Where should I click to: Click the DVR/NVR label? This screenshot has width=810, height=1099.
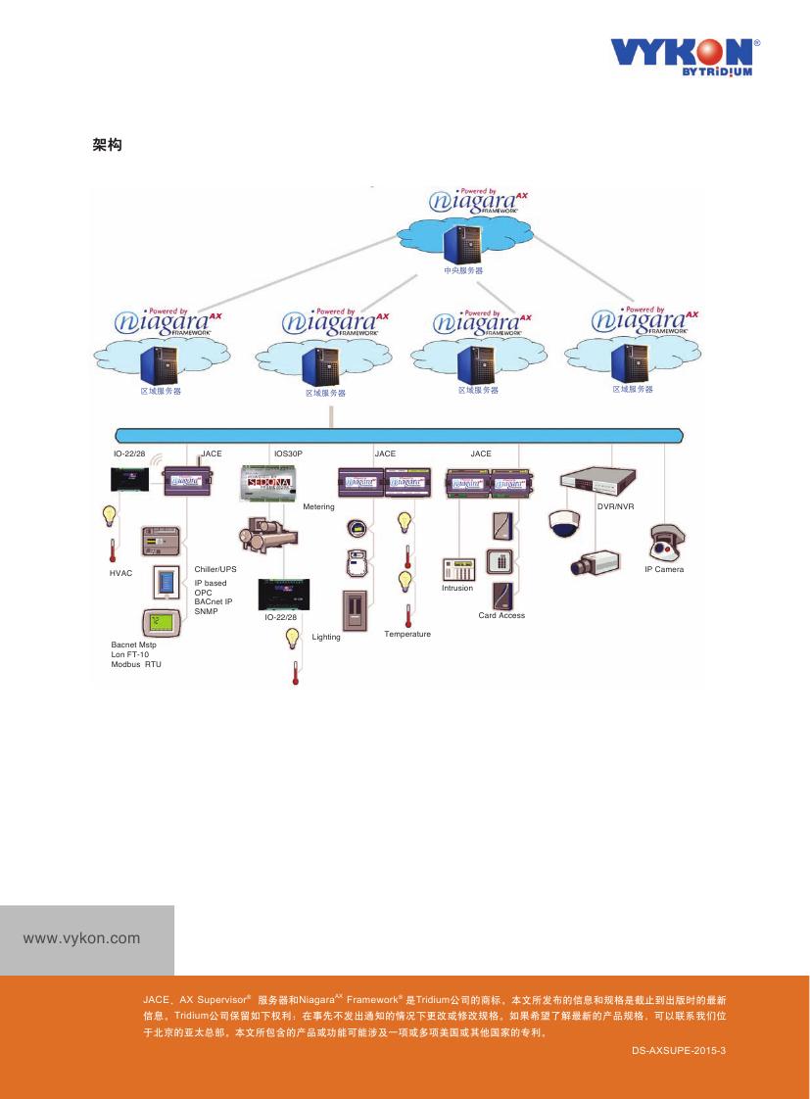pos(616,506)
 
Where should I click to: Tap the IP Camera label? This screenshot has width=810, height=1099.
pos(663,569)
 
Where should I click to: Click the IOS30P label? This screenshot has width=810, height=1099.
pos(288,454)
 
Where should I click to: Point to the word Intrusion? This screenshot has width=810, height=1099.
pos(456,588)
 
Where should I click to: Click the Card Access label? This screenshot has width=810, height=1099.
pos(501,615)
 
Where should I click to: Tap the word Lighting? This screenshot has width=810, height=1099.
pos(326,637)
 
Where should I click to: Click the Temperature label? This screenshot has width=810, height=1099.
pos(407,634)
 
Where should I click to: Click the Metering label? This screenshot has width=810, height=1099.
pos(318,506)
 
